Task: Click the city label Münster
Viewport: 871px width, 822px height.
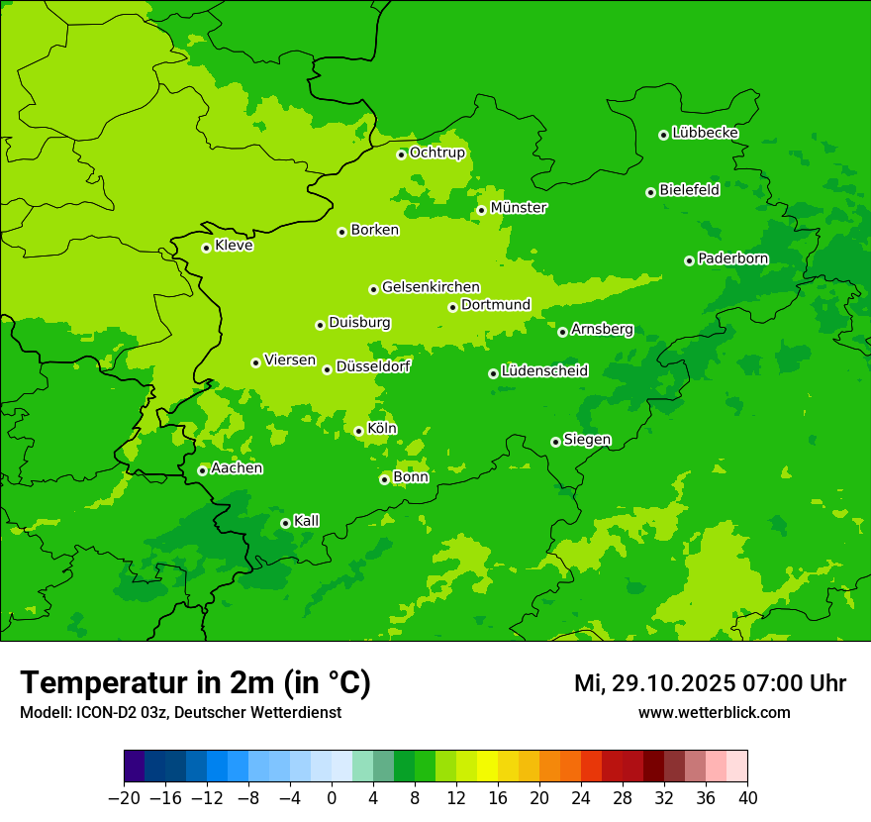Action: (518, 208)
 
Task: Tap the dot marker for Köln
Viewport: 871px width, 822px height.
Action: (358, 431)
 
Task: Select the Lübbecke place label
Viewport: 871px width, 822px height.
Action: (705, 133)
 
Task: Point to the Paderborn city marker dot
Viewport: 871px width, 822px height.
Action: (689, 260)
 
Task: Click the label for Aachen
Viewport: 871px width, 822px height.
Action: (237, 468)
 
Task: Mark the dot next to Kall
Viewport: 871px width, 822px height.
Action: (285, 523)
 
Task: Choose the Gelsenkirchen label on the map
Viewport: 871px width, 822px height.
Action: (431, 287)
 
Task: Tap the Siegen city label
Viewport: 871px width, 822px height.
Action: (587, 440)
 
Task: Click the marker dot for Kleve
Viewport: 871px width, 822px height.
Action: (206, 248)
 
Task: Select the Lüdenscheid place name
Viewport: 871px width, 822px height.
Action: (544, 371)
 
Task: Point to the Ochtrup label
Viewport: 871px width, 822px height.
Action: (436, 153)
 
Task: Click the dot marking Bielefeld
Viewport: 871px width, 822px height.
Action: (650, 192)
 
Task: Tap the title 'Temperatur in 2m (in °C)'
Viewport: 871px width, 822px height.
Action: (195, 682)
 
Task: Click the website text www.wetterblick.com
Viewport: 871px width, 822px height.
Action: (714, 712)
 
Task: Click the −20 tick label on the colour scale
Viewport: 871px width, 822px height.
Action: (124, 798)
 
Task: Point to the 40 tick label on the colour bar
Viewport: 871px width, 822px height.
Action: (747, 798)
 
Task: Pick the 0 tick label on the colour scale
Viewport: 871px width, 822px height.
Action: (332, 798)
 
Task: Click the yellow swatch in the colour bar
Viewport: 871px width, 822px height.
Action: (487, 767)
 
